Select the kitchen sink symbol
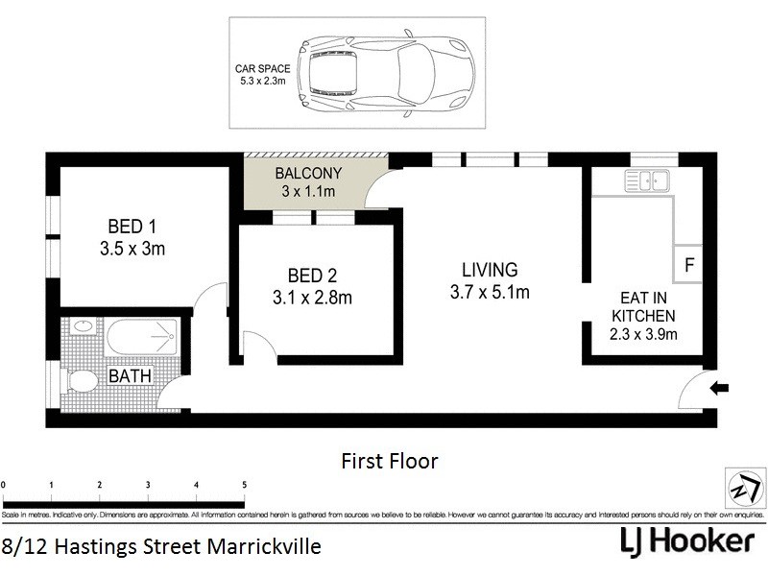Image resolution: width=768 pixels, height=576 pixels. coord(647,179)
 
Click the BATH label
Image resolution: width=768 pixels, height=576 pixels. coord(129,376)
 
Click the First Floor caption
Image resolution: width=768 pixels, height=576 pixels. coord(390,462)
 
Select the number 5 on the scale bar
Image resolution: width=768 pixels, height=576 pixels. coord(245,485)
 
